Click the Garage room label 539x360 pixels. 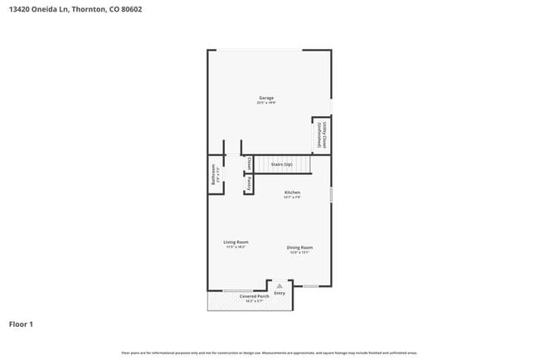pos(265,98)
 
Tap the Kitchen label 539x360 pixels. pos(292,192)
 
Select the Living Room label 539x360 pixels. pos(236,242)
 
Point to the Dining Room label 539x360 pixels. pos(299,247)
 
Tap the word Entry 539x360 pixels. pos(279,293)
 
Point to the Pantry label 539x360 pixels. pos(248,183)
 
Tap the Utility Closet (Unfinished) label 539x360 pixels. pos(322,135)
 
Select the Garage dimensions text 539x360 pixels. pos(265,103)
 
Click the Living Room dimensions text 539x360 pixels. pos(236,247)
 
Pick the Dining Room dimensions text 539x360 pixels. pos(299,252)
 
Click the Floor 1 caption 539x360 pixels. pos(21,324)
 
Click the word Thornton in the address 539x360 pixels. pos(90,9)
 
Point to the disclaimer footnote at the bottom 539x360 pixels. pos(269,353)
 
